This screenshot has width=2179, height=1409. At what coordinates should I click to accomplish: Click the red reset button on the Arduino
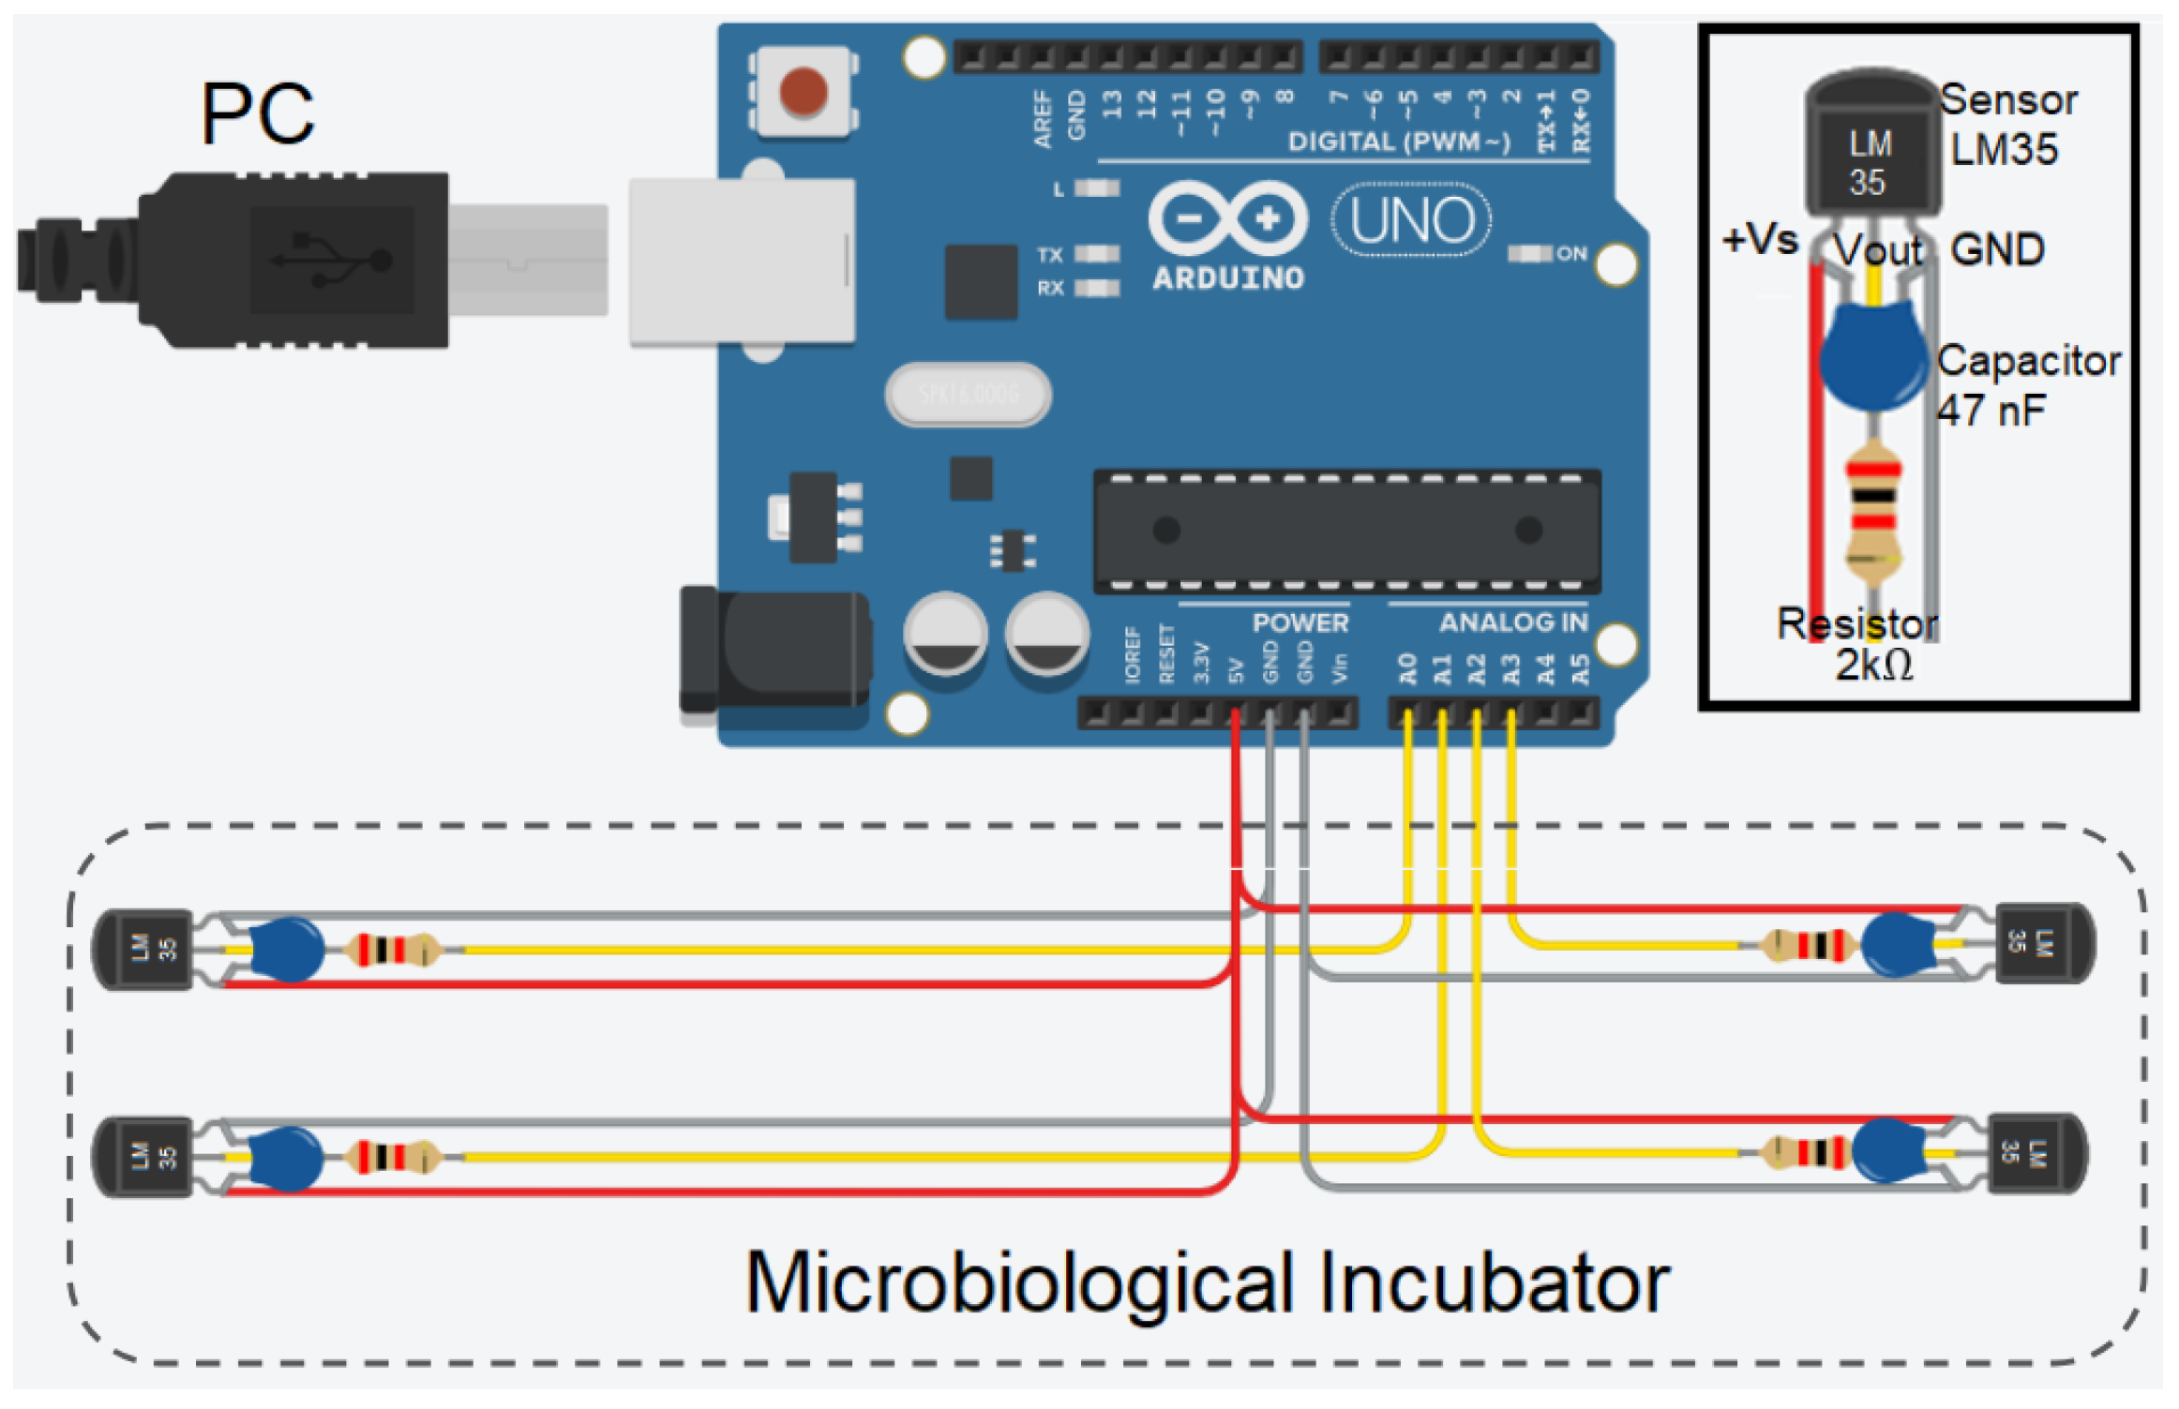tap(804, 91)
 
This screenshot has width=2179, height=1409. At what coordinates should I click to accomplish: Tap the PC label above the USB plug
tap(257, 114)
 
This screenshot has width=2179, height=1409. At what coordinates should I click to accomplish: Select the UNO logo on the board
tap(1412, 220)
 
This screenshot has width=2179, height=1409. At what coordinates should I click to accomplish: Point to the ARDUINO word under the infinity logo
tap(1228, 278)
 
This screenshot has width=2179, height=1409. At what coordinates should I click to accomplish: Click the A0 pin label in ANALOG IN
tap(1407, 668)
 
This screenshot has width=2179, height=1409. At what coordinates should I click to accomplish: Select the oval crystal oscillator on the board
tap(969, 394)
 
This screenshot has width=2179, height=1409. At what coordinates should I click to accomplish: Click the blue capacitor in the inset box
tap(1872, 358)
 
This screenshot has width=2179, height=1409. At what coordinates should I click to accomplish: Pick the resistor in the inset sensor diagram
tap(1873, 511)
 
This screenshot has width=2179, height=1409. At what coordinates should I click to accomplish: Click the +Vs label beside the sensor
tap(1760, 240)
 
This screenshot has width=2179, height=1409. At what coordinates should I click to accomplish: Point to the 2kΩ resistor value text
tap(1873, 666)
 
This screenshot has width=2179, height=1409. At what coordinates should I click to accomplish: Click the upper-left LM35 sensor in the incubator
tap(145, 949)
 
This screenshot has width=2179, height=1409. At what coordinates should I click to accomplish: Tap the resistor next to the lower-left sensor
tap(392, 1157)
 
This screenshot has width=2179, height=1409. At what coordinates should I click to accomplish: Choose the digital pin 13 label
tap(1113, 104)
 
